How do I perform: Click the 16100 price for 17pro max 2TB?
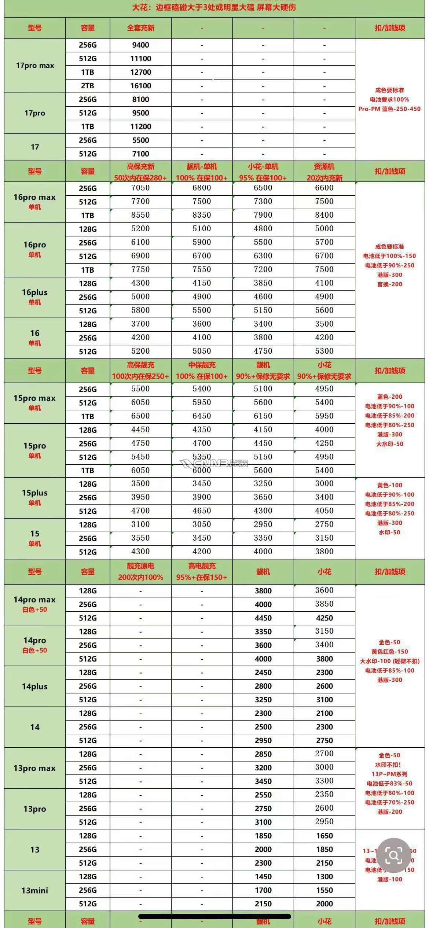(x=140, y=86)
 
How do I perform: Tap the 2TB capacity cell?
(x=88, y=86)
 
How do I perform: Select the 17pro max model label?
(x=35, y=66)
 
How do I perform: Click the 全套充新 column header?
(x=140, y=28)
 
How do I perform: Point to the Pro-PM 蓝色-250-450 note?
(x=389, y=109)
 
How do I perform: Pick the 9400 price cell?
(x=140, y=45)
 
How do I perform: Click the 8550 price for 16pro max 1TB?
(x=140, y=215)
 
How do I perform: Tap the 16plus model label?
(x=35, y=292)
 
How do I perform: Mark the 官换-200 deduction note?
(x=389, y=284)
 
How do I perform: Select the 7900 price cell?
(x=263, y=215)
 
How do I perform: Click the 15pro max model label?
(x=35, y=398)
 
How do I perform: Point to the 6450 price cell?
(x=202, y=416)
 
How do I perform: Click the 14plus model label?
(x=35, y=686)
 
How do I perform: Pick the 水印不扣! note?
(x=389, y=765)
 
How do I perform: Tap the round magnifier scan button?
(x=393, y=856)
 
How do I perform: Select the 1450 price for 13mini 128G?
(x=263, y=877)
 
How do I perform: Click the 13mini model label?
(x=35, y=890)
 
